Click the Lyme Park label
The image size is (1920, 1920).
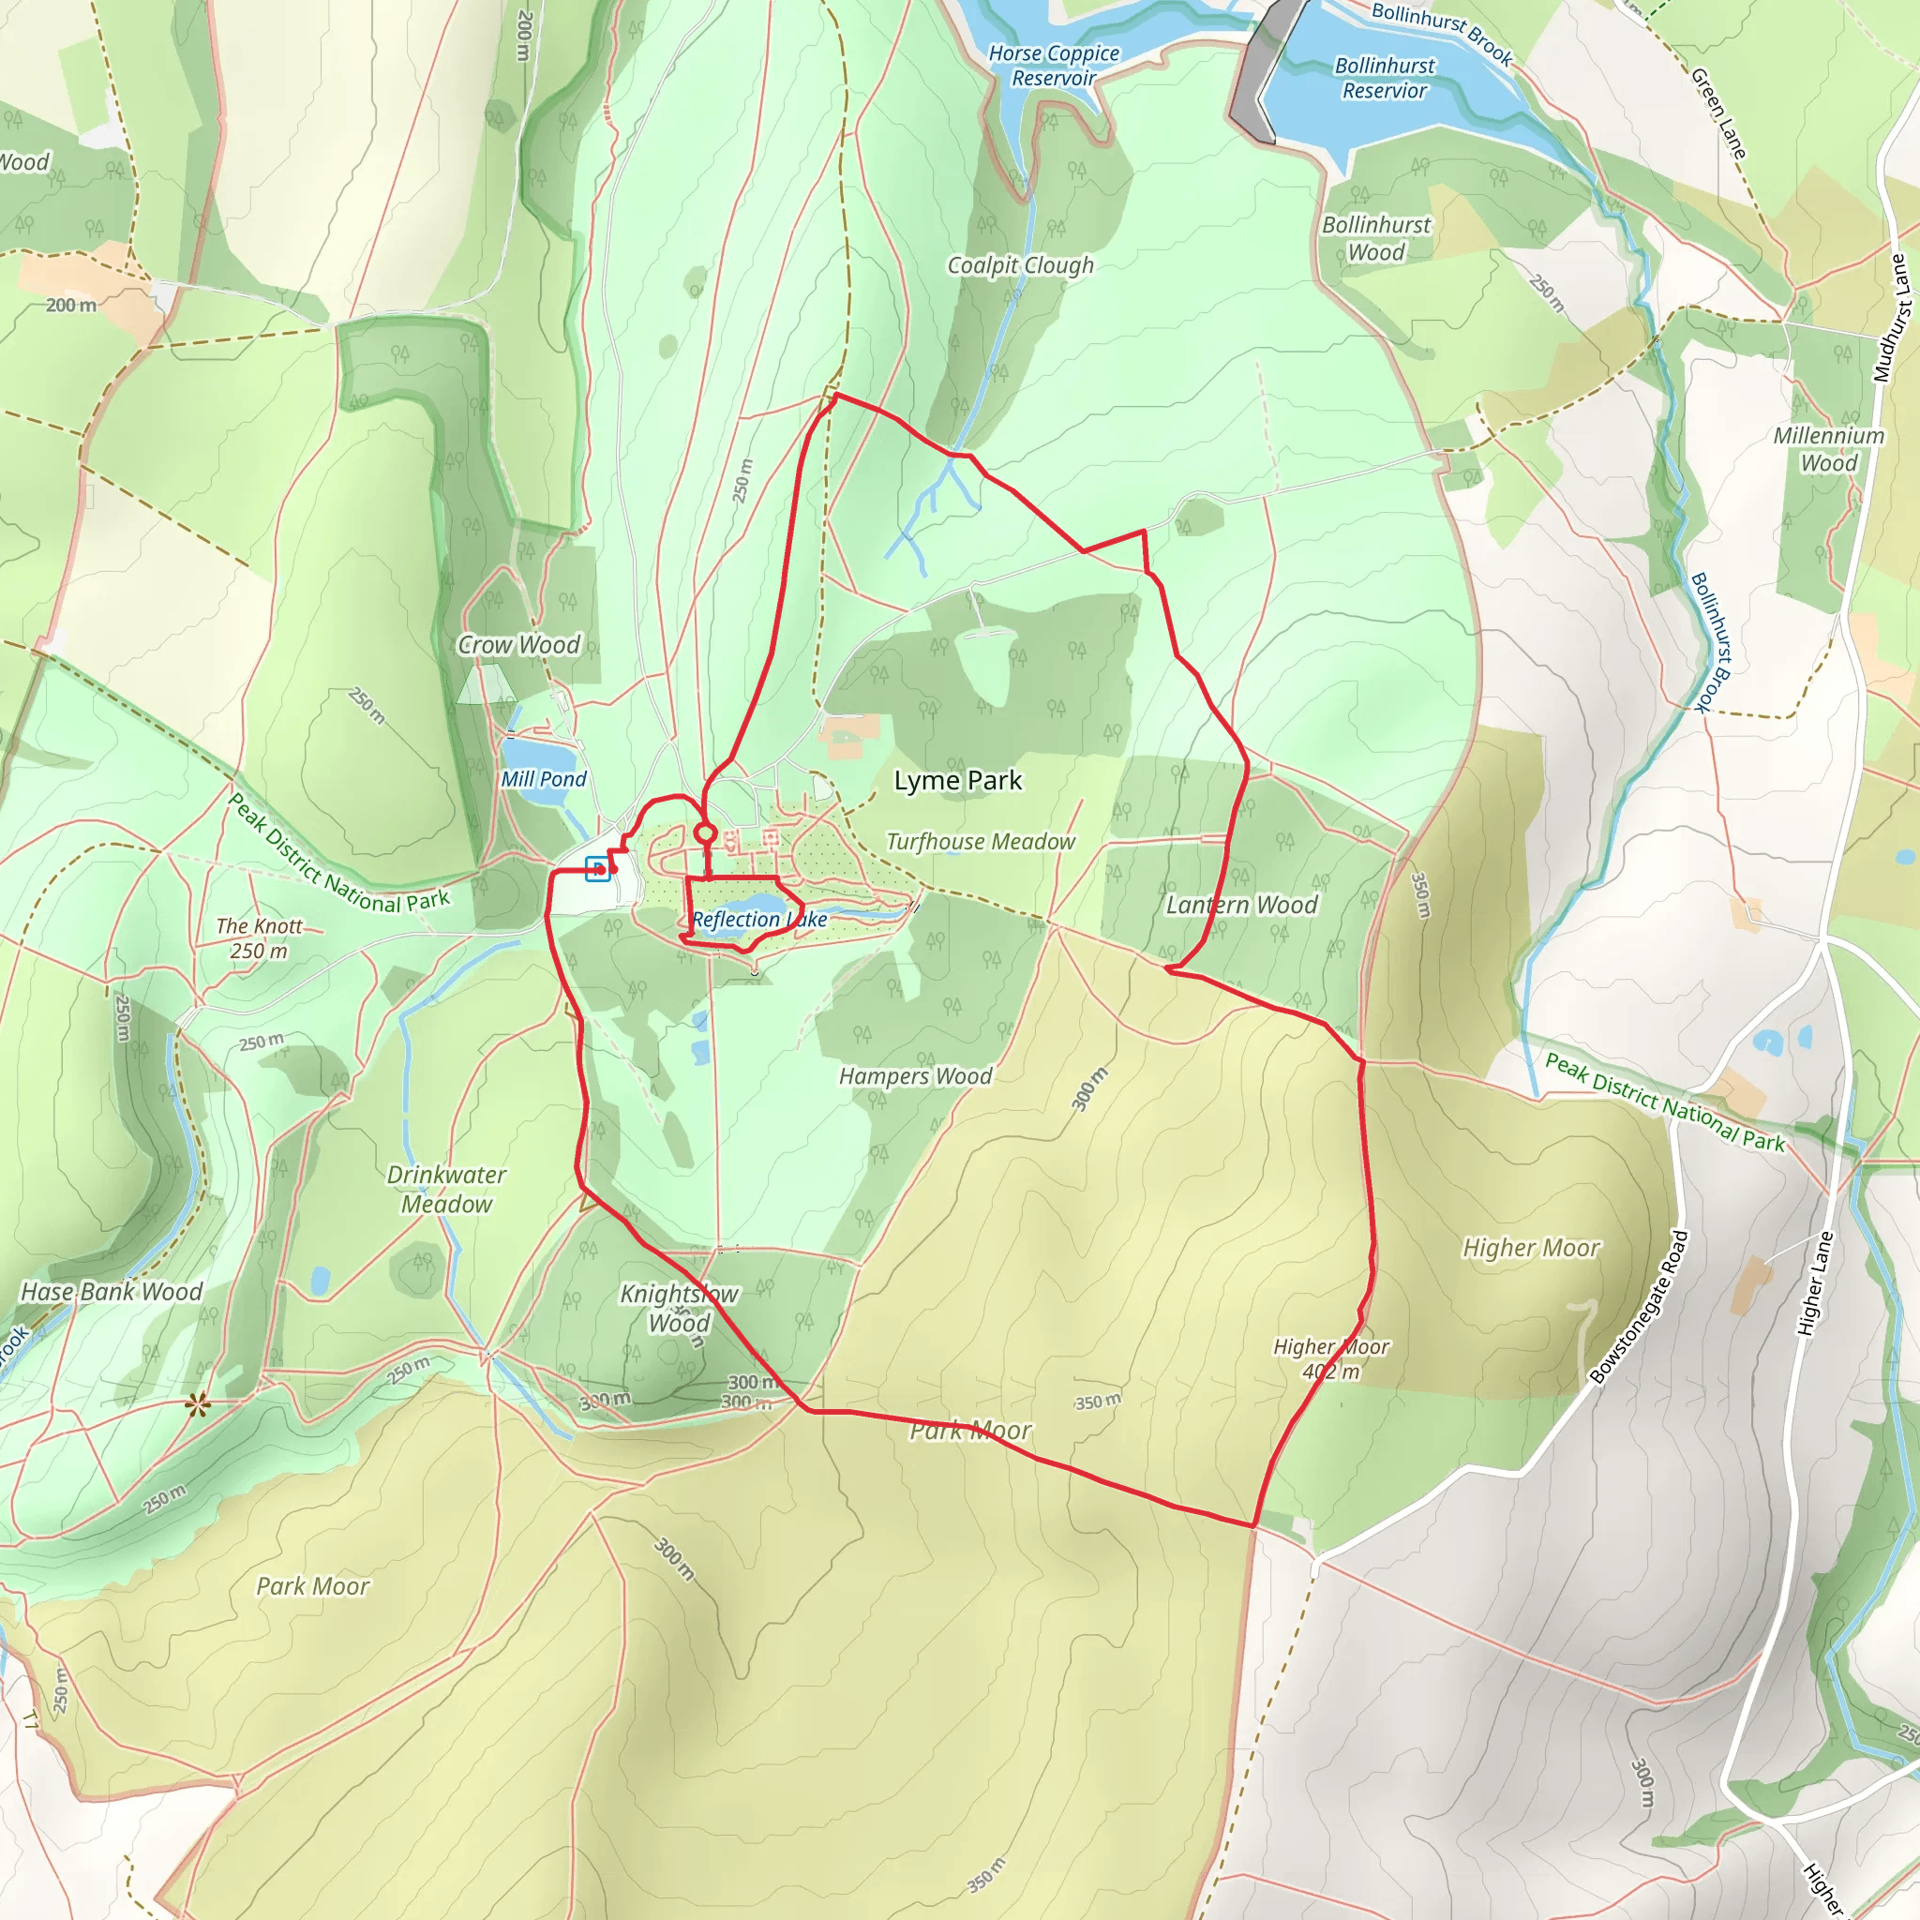(x=957, y=781)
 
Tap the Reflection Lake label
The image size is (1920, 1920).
(x=759, y=920)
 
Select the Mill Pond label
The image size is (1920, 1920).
(x=544, y=779)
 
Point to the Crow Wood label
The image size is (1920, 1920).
(x=517, y=645)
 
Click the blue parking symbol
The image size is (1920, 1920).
(x=596, y=868)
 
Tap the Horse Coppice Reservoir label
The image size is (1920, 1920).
(x=1054, y=66)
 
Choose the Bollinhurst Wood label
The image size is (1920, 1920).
(x=1375, y=238)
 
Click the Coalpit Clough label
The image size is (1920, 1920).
(x=1020, y=265)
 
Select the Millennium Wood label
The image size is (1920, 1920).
(x=1828, y=449)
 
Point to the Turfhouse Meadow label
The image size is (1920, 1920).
(x=980, y=842)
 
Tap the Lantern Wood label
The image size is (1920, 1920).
(x=1241, y=906)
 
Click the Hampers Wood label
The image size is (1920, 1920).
(x=915, y=1076)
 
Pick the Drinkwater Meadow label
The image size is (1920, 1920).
(x=446, y=1190)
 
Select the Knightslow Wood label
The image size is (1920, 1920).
(x=679, y=1308)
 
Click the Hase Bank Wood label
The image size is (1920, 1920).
(x=112, y=1292)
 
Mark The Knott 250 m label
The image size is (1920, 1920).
(x=260, y=938)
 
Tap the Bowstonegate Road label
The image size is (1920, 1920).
(x=1639, y=1307)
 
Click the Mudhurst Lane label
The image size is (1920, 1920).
(x=1891, y=318)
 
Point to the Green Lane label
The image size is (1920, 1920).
(x=1718, y=112)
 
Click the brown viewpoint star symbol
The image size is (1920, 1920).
(x=198, y=1404)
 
